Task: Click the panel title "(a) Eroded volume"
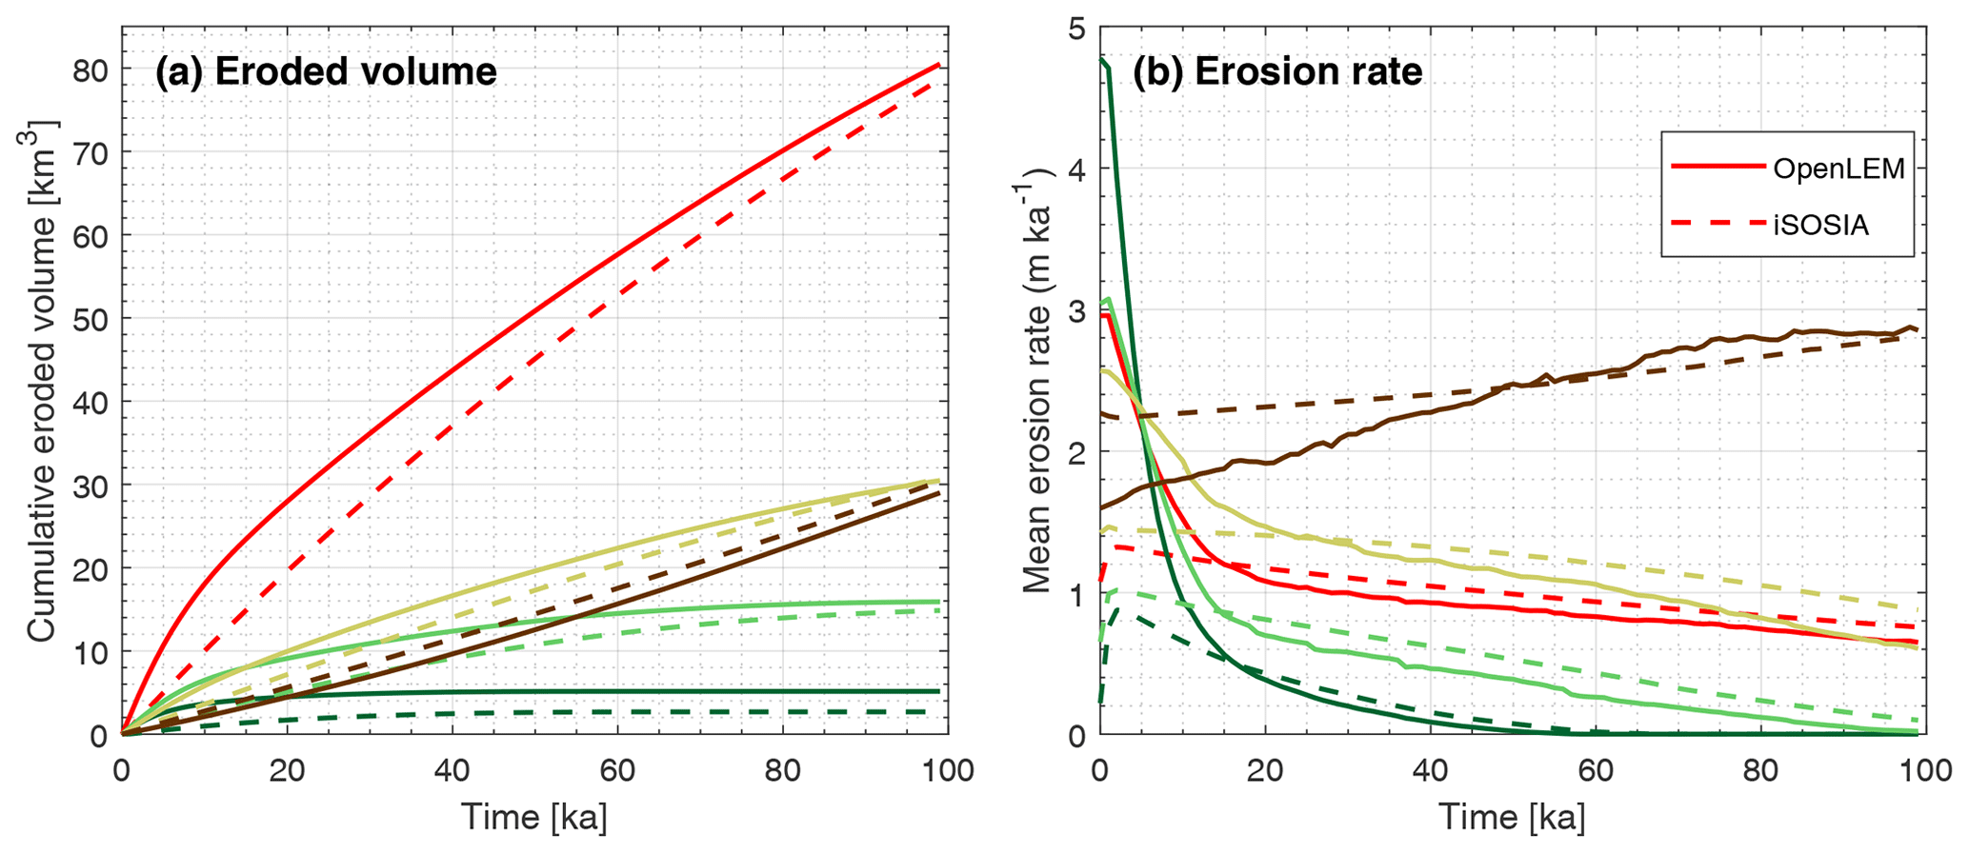(x=326, y=72)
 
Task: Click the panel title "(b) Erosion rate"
(x=1276, y=72)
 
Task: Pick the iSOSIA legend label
(x=1820, y=225)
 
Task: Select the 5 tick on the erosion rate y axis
(x=1076, y=29)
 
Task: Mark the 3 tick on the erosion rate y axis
(x=1076, y=311)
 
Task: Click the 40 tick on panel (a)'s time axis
(x=452, y=769)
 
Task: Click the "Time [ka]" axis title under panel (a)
(x=533, y=817)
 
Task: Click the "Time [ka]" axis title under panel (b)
(x=1512, y=817)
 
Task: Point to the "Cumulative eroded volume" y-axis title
(x=42, y=381)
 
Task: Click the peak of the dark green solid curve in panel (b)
(x=1102, y=61)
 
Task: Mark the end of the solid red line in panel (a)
(x=939, y=64)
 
